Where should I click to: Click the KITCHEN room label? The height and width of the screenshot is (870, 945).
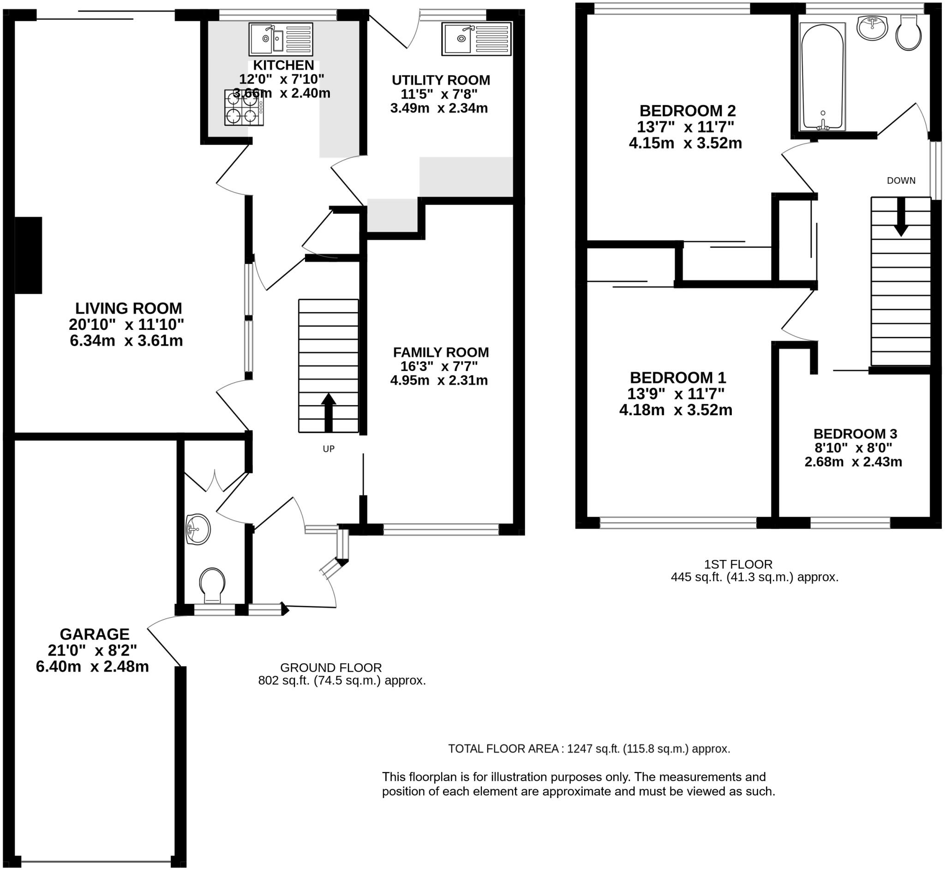coord(283,65)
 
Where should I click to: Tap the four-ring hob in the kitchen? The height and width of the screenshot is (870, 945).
coord(244,107)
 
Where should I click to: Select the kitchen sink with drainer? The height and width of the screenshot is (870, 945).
coord(281,40)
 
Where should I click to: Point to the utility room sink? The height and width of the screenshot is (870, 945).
coord(476,39)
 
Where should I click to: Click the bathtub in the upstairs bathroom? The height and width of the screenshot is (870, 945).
coord(822,77)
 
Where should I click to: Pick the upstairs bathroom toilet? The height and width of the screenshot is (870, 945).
coord(908,32)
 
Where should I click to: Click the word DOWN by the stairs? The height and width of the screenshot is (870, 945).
coord(901,180)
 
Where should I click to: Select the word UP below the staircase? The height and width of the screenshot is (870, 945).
coord(328,449)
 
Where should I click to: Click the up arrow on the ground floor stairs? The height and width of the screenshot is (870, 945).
coord(328,411)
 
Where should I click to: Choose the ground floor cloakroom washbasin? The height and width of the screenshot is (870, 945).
coord(198,530)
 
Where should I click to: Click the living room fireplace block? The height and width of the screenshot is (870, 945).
coord(28,255)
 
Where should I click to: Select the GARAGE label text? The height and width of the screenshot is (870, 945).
coord(94,634)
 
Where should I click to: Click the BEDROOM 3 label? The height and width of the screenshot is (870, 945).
coord(855,434)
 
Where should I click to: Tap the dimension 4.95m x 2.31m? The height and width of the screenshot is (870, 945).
coord(439,380)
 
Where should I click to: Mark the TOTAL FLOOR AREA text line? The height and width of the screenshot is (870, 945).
coord(589,748)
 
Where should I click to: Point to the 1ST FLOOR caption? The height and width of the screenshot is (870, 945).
coord(738,564)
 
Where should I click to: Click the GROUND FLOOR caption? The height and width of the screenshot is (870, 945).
coord(330,667)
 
